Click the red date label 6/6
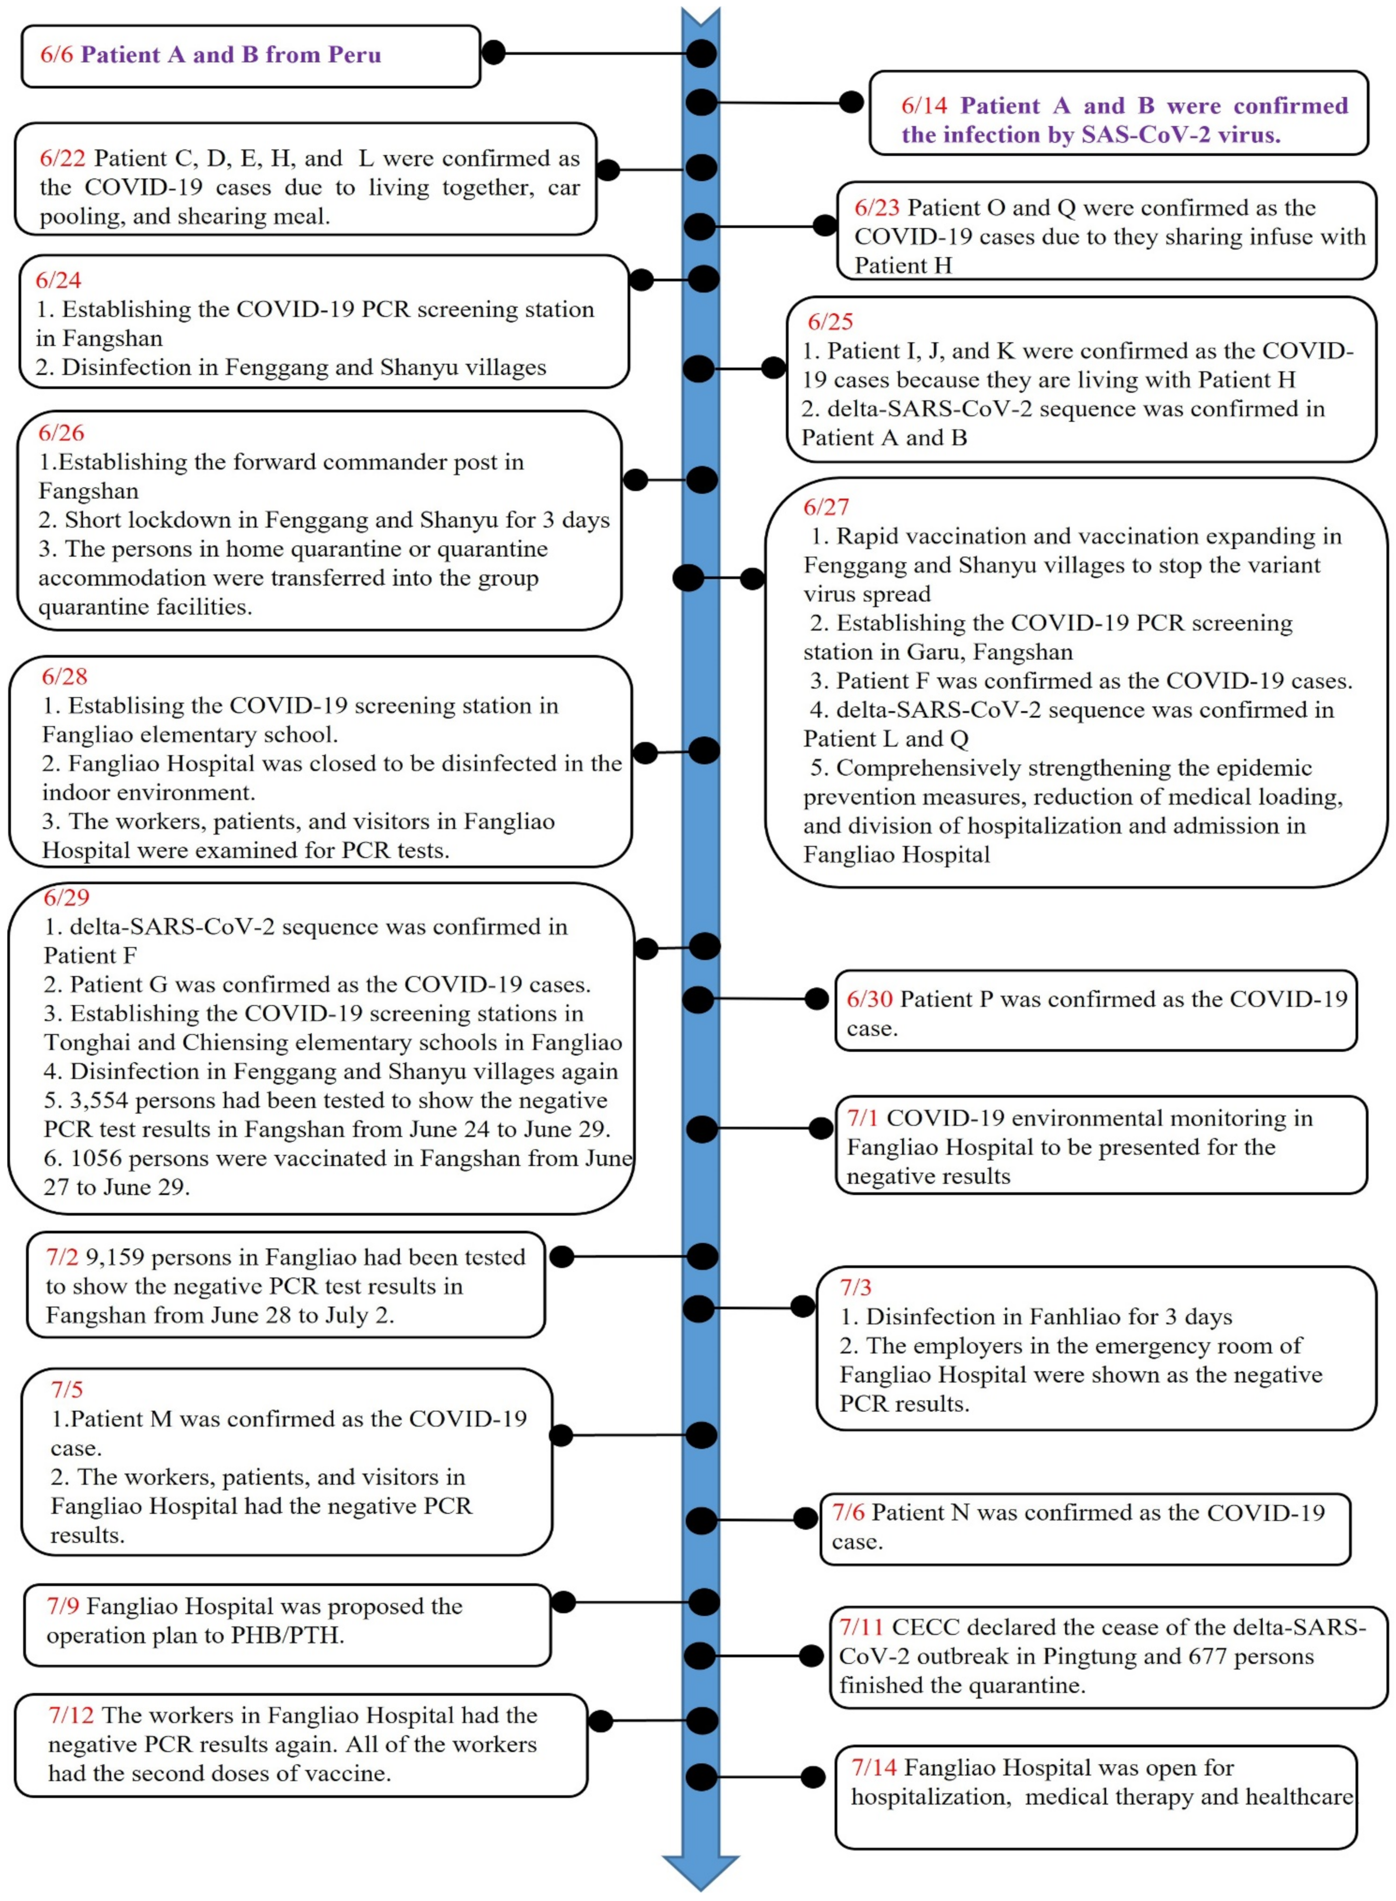point(57,55)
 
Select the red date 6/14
point(924,106)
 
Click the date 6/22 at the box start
point(62,159)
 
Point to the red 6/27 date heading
point(826,507)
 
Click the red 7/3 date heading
point(855,1287)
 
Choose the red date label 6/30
point(870,999)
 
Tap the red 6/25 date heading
point(830,322)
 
